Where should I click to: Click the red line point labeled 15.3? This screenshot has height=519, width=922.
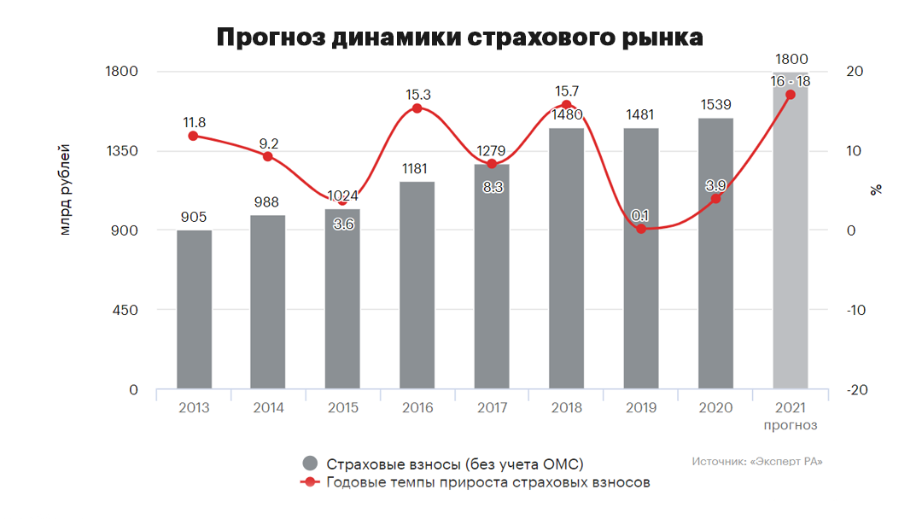(417, 108)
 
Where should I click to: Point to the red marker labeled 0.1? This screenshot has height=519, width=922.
(641, 229)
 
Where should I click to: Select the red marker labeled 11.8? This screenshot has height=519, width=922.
(194, 136)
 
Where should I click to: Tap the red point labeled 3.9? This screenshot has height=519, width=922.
(715, 199)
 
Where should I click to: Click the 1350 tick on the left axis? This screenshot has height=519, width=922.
(121, 151)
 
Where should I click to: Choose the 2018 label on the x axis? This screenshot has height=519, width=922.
(567, 408)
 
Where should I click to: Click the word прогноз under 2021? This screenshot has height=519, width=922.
(791, 425)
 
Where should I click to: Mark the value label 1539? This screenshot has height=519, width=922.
(715, 104)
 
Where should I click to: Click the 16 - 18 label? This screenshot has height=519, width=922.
(790, 81)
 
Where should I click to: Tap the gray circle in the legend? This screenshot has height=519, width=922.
(310, 464)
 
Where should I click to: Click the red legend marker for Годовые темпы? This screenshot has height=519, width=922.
(310, 482)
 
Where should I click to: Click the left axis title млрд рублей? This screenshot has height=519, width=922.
(66, 192)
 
